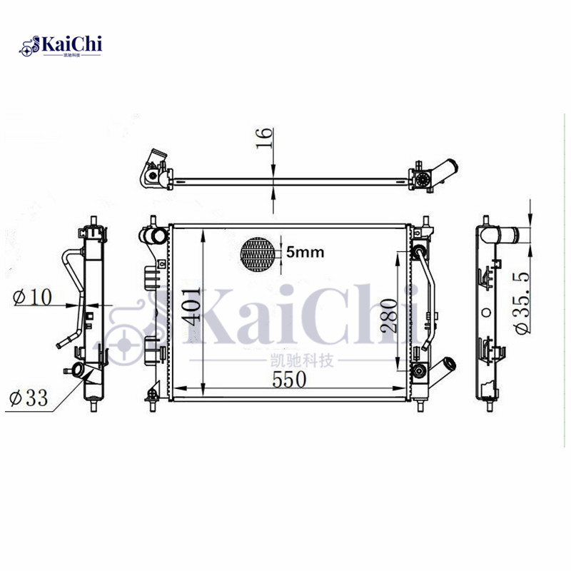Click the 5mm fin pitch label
point(305,251)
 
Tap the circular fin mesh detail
point(258,253)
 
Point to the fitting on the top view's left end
point(153,168)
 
